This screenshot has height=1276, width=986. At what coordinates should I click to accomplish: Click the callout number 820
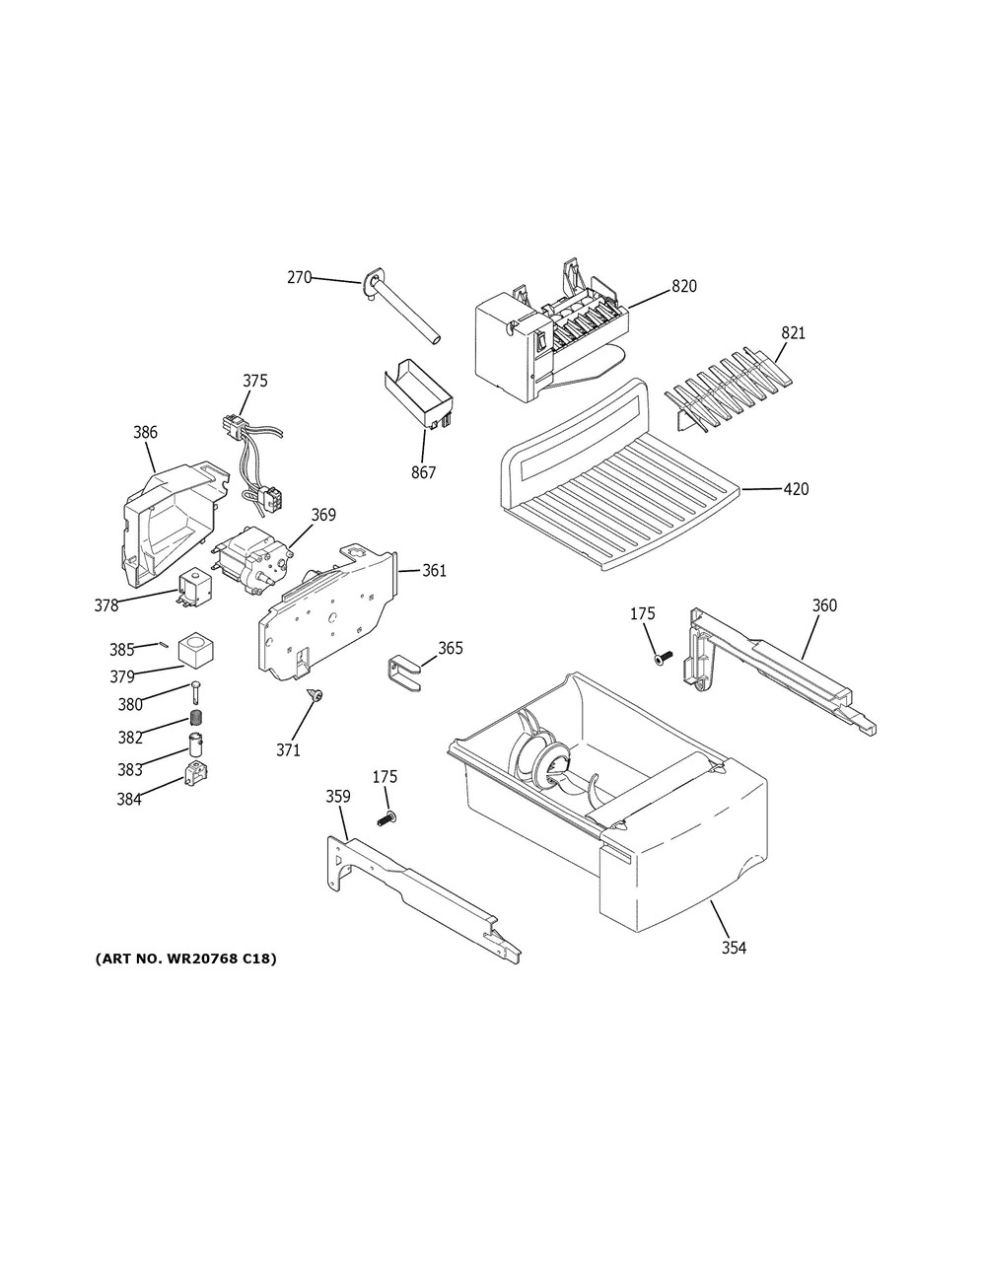pos(684,286)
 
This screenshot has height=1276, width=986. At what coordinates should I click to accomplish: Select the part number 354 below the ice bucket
pos(733,948)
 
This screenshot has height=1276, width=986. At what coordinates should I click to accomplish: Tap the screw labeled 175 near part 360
pos(663,657)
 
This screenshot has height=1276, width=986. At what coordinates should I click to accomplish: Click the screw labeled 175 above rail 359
pos(386,818)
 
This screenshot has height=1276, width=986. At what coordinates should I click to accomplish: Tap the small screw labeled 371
pos(316,696)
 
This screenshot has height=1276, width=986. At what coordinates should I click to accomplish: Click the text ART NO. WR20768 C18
pos(185,958)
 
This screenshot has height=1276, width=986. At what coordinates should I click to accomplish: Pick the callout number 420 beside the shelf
pos(796,489)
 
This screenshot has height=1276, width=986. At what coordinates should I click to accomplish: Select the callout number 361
pos(435,570)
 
